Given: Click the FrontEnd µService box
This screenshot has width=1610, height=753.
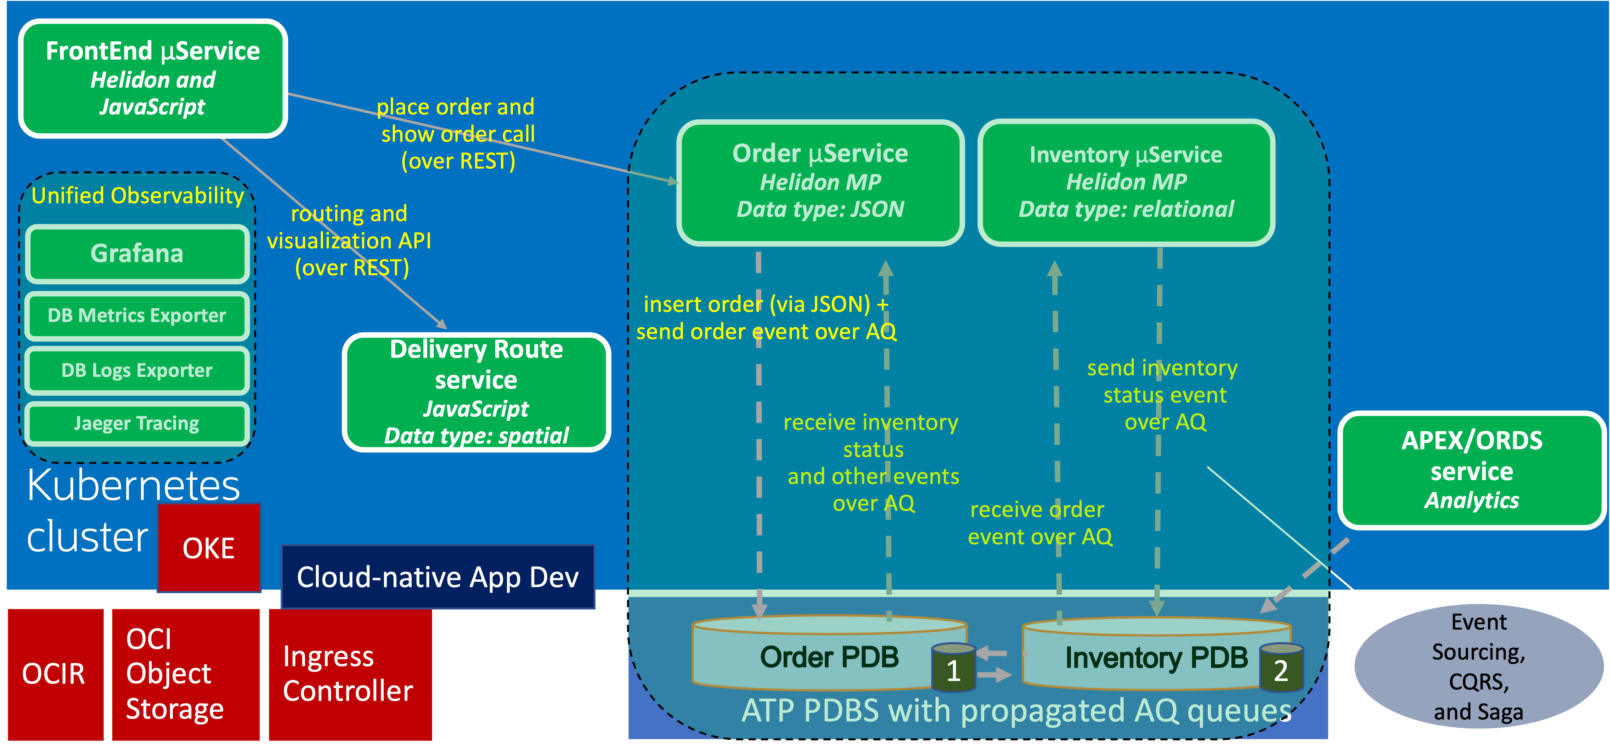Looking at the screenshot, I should point(153,78).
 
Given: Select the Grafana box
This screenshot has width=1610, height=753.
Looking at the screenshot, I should point(137,253).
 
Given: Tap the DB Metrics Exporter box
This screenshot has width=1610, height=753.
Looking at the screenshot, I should point(137,315).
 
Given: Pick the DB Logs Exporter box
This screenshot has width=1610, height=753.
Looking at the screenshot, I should point(137,370).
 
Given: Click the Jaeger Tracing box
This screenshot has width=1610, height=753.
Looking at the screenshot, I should point(137,423).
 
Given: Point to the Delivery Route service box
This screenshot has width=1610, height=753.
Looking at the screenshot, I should point(476,392).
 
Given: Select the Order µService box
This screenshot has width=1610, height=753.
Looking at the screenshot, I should point(820,182).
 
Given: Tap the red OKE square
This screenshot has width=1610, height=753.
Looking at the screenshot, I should point(209,548).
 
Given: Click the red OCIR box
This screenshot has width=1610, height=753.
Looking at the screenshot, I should point(54,674).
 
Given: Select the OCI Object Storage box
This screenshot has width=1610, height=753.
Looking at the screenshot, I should point(185,674).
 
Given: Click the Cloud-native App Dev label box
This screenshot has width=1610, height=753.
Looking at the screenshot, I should point(437,577).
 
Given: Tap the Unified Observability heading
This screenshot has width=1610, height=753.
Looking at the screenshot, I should point(137,196).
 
